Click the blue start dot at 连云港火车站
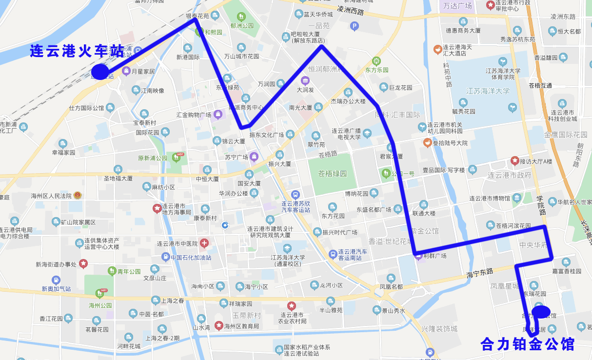[100, 72]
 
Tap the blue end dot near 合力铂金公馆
[541, 311]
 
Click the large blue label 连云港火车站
[77, 51]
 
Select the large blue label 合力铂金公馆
[527, 344]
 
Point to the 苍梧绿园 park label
[332, 174]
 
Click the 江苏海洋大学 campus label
[488, 91]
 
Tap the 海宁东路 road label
[480, 272]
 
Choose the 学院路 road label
[540, 206]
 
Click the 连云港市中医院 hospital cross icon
[204, 243]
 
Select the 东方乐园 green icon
[376, 61]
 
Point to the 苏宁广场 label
[237, 157]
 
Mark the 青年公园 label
[129, 272]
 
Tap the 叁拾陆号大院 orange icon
[427, 143]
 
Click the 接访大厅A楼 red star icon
[514, 160]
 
